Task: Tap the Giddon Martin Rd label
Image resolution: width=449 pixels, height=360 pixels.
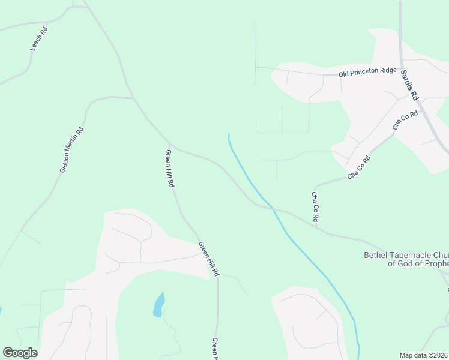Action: click(x=71, y=150)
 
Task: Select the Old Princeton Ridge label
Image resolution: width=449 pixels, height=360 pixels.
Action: click(x=367, y=73)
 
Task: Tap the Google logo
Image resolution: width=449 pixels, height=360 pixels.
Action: click(x=20, y=353)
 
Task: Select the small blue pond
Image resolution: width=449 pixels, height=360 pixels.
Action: click(x=158, y=304)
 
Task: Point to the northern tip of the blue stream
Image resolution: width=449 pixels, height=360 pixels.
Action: click(x=229, y=134)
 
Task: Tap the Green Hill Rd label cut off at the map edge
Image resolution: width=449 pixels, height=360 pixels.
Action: click(x=215, y=348)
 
